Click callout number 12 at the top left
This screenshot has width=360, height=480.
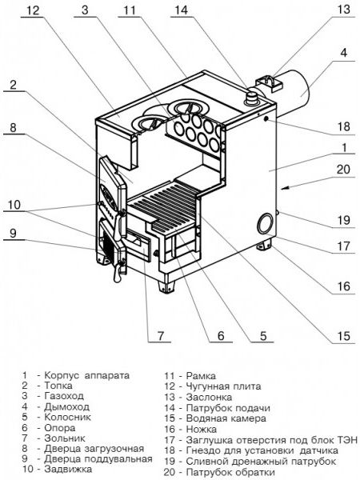click(x=33, y=10)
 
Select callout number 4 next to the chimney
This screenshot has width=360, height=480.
click(x=344, y=52)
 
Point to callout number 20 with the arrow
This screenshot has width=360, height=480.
click(x=343, y=169)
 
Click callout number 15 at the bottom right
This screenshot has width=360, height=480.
click(x=343, y=336)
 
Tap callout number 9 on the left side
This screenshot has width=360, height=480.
click(x=13, y=233)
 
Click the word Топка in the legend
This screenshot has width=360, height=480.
click(x=58, y=386)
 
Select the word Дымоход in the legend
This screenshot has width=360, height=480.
click(x=66, y=407)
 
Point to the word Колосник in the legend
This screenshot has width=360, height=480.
click(x=68, y=417)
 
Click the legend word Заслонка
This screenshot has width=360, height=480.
click(x=209, y=398)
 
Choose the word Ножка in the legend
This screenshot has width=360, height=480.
click(x=201, y=429)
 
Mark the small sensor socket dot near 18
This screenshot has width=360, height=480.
click(x=266, y=118)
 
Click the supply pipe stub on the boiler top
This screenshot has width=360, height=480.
click(x=252, y=98)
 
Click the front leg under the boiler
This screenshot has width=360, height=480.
click(x=166, y=285)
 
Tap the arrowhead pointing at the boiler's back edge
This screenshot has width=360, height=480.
click(x=284, y=188)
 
